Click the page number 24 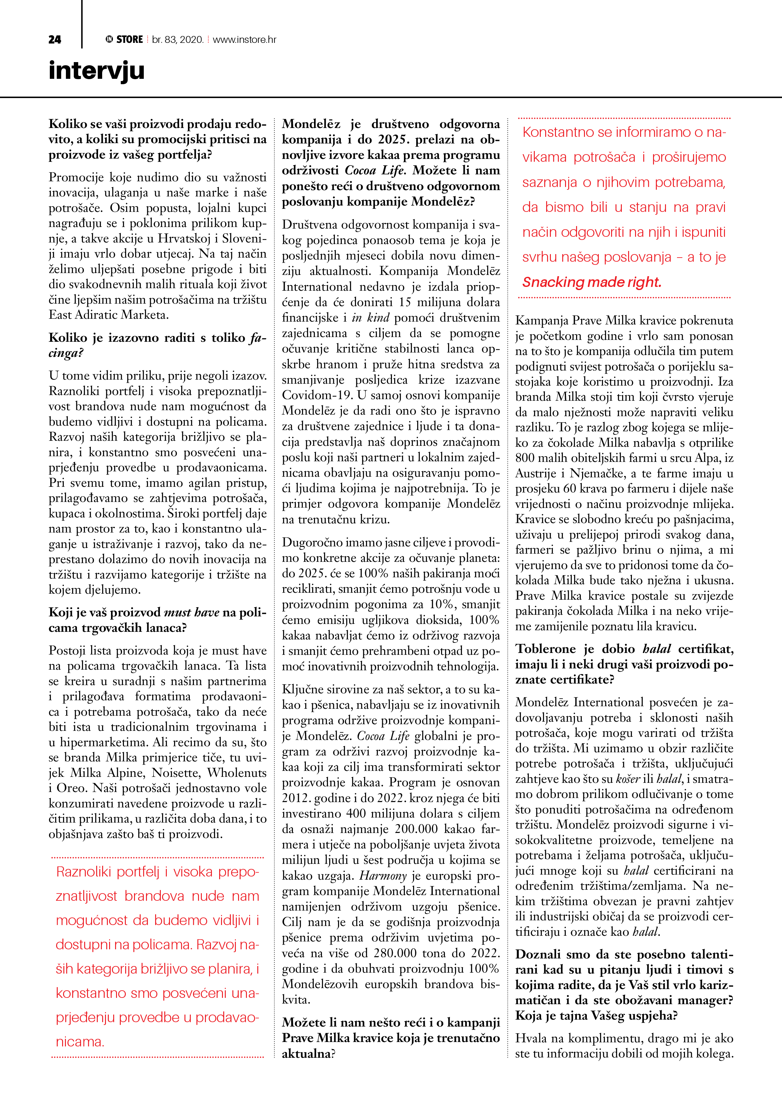(x=55, y=39)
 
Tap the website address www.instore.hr (x=244, y=39)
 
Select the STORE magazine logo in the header (x=124, y=39)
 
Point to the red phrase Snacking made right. (x=592, y=282)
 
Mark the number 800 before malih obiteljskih (x=525, y=458)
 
